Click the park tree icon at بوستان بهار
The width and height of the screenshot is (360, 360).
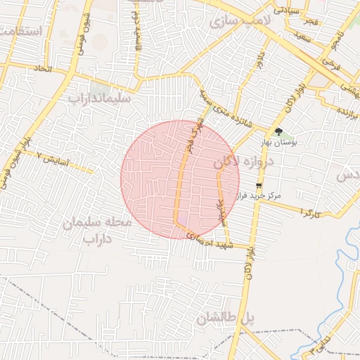click(279, 131)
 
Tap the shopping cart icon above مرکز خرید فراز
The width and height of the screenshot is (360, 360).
click(259, 186)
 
